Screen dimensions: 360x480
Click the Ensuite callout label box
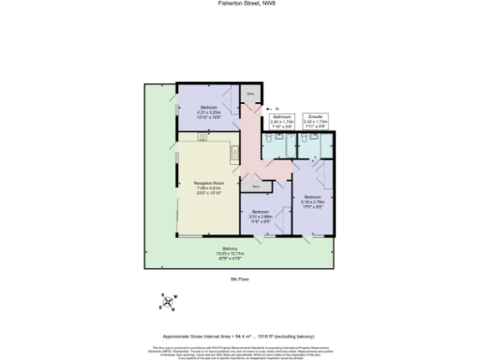coord(315,121)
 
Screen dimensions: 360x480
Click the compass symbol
coord(168,301)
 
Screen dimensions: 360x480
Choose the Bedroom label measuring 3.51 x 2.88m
coord(260,215)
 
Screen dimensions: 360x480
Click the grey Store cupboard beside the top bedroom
coord(250,95)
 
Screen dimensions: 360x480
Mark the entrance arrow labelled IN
coord(263,109)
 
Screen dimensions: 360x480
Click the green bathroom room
coord(278,146)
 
